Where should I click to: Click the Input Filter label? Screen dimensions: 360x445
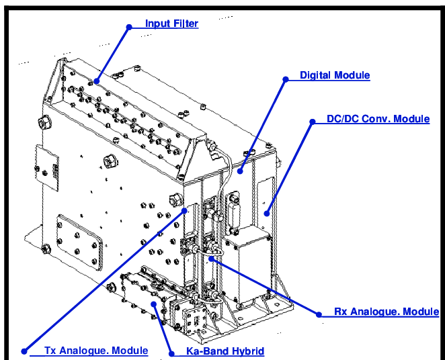pos(171,24)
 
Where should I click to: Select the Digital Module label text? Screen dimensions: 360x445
pos(334,75)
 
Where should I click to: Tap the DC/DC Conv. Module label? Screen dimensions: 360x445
pos(377,119)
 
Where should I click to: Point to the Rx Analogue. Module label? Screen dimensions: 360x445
pos(387,312)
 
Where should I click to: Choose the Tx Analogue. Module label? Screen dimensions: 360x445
pos(95,351)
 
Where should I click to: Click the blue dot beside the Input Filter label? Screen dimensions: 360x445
pos(128,27)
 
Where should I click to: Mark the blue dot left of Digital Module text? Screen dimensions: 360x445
pos(285,79)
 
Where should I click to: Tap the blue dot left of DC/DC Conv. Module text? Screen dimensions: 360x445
pos(312,122)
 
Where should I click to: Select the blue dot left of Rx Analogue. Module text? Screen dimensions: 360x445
pos(318,314)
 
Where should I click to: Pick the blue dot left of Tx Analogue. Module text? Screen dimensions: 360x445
pos(25,351)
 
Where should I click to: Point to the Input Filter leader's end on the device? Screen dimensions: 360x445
pos(95,81)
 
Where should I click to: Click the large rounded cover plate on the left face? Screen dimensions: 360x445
pos(81,240)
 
